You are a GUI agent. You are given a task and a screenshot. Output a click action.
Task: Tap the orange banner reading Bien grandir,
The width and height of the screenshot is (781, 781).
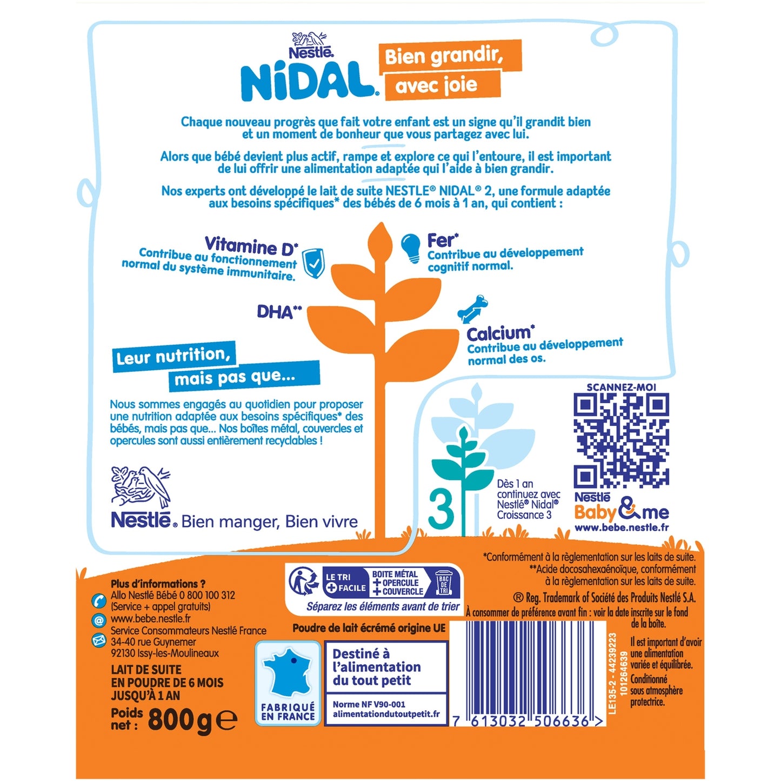(450, 57)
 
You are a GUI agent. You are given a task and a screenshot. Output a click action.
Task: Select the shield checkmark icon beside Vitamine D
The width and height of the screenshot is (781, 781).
(314, 263)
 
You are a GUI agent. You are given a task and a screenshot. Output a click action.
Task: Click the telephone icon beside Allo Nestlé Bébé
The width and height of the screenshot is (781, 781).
(98, 600)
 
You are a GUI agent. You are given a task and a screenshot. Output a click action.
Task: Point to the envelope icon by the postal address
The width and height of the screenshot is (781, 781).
(99, 640)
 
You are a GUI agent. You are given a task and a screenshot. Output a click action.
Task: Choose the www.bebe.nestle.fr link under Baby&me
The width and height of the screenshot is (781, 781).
(622, 528)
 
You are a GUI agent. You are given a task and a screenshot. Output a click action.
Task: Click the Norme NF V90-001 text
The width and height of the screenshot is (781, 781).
(369, 705)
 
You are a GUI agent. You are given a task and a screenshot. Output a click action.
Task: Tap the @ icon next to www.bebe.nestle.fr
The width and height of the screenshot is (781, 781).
(98, 620)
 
